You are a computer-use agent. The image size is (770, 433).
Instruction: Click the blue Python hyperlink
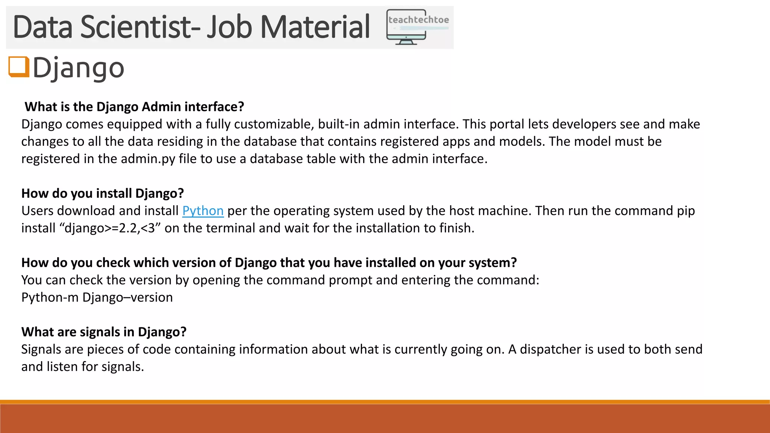point(203,211)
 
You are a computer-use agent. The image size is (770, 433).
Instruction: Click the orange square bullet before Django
point(19,67)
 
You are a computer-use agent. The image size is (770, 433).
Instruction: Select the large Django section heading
point(78,68)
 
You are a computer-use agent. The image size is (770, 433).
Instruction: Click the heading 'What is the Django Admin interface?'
point(134,107)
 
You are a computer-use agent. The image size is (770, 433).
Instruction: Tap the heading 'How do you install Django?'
point(103,193)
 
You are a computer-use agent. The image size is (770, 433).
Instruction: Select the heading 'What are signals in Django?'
point(104,332)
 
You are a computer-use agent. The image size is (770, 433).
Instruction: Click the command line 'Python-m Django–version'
point(97,297)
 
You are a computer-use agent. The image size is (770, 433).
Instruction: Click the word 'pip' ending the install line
point(686,211)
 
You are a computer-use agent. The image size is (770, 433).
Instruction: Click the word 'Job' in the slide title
point(229,27)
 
